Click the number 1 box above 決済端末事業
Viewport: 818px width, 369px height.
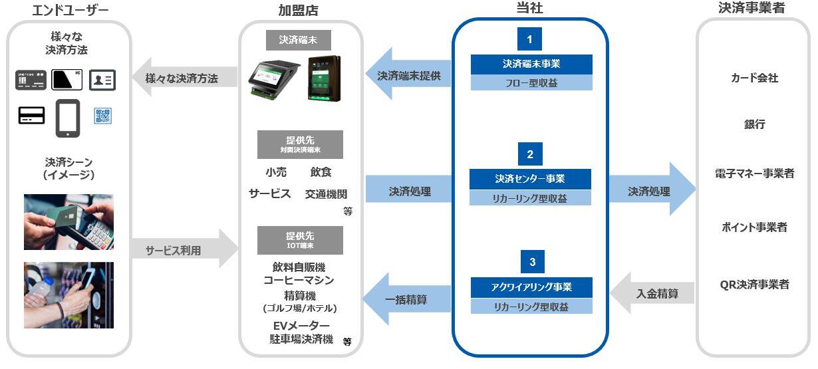529,39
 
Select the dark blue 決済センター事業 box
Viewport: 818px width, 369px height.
530,179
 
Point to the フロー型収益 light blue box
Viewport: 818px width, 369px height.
530,83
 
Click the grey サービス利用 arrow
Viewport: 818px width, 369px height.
184,250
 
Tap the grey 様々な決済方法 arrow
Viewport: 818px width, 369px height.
184,78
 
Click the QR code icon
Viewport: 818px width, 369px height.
103,116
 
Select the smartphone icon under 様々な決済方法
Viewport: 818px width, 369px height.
68,117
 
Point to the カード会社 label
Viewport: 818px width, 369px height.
753,78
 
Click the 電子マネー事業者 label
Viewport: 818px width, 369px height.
753,174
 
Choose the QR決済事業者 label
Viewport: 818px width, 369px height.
753,285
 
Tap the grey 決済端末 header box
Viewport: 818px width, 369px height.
299,40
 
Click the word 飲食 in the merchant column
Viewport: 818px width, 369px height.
321,172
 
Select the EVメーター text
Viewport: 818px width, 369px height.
301,324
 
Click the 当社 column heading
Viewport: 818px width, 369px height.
529,8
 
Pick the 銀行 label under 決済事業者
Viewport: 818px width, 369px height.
754,124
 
